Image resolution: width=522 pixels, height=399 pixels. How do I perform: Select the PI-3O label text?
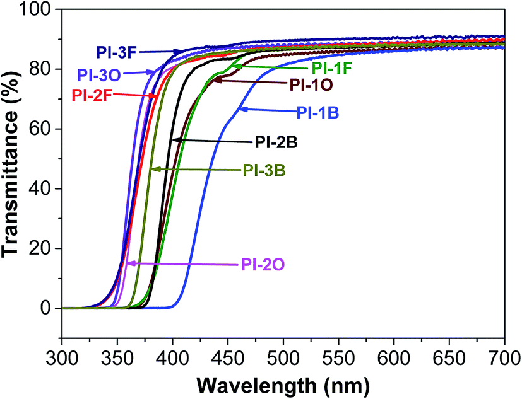[100, 73]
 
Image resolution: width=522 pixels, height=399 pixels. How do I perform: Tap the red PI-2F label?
[93, 96]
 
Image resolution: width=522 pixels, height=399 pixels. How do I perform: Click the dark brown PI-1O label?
[311, 83]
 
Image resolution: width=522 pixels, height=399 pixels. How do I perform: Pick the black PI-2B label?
[276, 141]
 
